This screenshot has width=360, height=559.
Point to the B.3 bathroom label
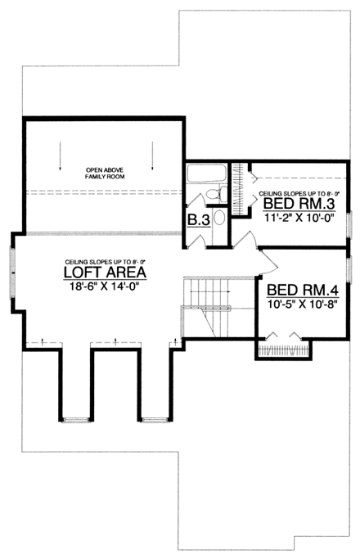(x=197, y=221)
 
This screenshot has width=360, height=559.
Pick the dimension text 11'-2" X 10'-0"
(x=297, y=219)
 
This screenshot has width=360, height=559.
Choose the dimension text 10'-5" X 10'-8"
(x=301, y=304)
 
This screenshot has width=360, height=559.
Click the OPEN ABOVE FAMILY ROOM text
(x=104, y=175)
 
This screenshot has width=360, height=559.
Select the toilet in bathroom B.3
(x=211, y=193)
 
